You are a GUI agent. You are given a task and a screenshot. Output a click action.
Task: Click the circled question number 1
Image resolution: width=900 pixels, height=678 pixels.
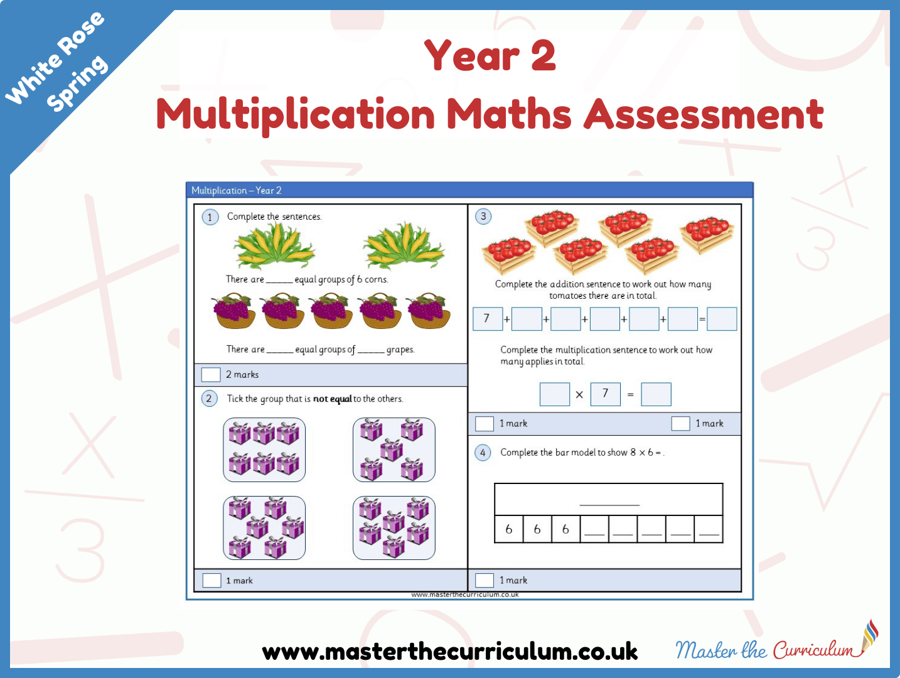210,217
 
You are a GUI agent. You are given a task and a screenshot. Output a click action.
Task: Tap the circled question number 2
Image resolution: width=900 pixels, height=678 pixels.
209,398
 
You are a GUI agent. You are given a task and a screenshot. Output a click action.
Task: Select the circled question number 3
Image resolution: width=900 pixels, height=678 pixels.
483,216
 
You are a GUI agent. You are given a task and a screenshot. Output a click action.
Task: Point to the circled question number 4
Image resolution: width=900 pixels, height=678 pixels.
483,453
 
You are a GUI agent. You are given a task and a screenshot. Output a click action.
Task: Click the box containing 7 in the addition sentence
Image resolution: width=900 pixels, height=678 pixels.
488,319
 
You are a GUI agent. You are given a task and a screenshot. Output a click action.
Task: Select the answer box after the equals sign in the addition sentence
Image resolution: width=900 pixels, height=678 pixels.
722,319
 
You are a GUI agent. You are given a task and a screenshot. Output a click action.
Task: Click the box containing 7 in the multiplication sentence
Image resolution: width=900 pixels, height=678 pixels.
605,394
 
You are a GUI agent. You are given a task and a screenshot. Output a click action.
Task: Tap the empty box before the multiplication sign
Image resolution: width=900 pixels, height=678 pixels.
554,394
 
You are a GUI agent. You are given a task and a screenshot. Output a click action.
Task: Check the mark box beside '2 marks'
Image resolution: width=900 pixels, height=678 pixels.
211,375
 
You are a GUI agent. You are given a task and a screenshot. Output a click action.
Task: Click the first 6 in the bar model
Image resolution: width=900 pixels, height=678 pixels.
509,529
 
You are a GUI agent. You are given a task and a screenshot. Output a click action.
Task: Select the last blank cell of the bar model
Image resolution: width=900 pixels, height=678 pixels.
709,529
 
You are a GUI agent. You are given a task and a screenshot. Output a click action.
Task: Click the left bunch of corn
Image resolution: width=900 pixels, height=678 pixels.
274,245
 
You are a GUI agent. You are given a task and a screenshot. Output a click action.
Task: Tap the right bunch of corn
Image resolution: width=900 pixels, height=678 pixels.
404,245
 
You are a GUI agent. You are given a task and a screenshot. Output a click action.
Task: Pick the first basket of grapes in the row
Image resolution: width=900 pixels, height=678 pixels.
233,311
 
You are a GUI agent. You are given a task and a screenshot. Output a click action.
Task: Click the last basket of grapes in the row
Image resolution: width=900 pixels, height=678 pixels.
428,311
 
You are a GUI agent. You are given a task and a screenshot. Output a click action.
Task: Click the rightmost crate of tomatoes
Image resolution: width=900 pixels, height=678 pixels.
707,234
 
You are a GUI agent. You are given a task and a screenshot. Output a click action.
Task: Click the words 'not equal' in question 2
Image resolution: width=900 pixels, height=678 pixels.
332,399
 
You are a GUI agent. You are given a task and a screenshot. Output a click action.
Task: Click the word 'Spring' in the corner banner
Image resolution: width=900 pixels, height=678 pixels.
77,83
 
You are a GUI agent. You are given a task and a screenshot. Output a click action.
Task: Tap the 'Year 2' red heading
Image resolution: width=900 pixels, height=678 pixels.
490,55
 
